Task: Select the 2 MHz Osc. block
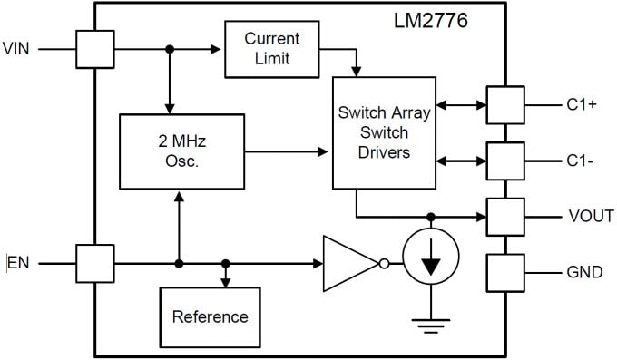tap(182, 151)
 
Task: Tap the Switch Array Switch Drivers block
tap(384, 134)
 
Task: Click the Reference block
tap(210, 316)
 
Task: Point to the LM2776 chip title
tap(431, 20)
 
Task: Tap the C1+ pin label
tap(581, 104)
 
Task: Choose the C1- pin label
tap(580, 161)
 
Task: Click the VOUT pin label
tap(591, 216)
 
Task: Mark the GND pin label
tap(584, 272)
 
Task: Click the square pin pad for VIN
tap(94, 49)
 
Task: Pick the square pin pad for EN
tap(94, 264)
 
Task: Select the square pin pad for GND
tap(505, 272)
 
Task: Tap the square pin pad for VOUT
tap(505, 217)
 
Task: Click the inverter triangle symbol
tap(350, 264)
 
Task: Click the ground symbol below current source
tap(431, 321)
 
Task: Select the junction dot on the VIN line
tap(169, 49)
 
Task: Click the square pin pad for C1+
tap(505, 104)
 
